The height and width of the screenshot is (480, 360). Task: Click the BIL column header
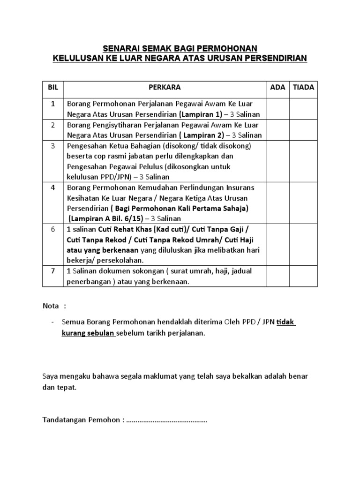[52, 88]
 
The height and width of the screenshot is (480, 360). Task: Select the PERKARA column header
[165, 88]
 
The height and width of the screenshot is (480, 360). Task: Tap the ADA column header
[277, 88]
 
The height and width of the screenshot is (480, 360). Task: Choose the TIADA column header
[304, 88]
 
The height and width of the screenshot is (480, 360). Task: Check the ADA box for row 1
[277, 108]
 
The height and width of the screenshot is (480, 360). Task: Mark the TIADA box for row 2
[304, 130]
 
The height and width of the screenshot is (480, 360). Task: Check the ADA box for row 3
[277, 161]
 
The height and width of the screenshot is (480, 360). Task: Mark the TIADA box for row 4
[304, 203]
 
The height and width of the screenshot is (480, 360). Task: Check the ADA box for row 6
[277, 244]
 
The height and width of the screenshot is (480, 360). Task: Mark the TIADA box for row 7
[304, 276]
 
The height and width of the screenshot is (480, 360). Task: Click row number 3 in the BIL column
[53, 146]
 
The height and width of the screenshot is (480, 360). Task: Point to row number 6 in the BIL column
[53, 229]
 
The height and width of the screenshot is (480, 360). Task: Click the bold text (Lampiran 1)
[199, 114]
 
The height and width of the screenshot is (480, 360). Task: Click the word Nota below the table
[51, 306]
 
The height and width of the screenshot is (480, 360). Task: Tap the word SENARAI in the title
[119, 48]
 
